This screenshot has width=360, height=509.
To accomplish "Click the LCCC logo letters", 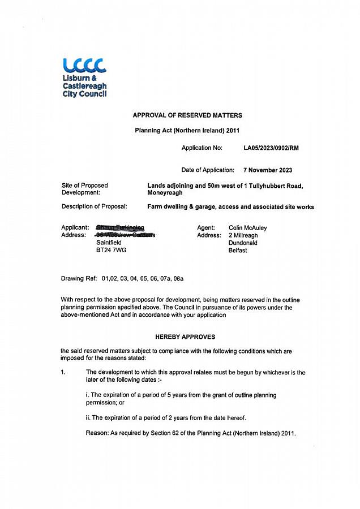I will (85, 66).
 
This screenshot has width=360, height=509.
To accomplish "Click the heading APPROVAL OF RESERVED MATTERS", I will (187, 115).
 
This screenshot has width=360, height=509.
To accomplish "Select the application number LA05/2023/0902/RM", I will (271, 148).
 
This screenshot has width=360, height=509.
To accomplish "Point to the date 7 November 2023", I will (268, 170).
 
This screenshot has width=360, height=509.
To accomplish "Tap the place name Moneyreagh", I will (165, 193).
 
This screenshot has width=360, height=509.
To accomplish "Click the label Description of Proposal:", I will (95, 206).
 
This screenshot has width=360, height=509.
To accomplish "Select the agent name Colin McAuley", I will (247, 228).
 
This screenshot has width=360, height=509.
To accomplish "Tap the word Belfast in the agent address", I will (238, 250).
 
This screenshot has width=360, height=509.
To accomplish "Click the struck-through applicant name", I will (121, 228).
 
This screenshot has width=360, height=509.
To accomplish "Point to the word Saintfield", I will (109, 243).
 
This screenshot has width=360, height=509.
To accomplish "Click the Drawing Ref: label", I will (80, 279).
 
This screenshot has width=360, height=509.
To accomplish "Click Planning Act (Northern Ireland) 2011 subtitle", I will (187, 130).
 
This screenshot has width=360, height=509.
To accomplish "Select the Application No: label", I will (202, 148).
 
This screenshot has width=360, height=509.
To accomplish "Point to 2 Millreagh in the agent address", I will (243, 235).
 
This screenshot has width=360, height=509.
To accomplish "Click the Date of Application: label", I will (208, 170).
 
